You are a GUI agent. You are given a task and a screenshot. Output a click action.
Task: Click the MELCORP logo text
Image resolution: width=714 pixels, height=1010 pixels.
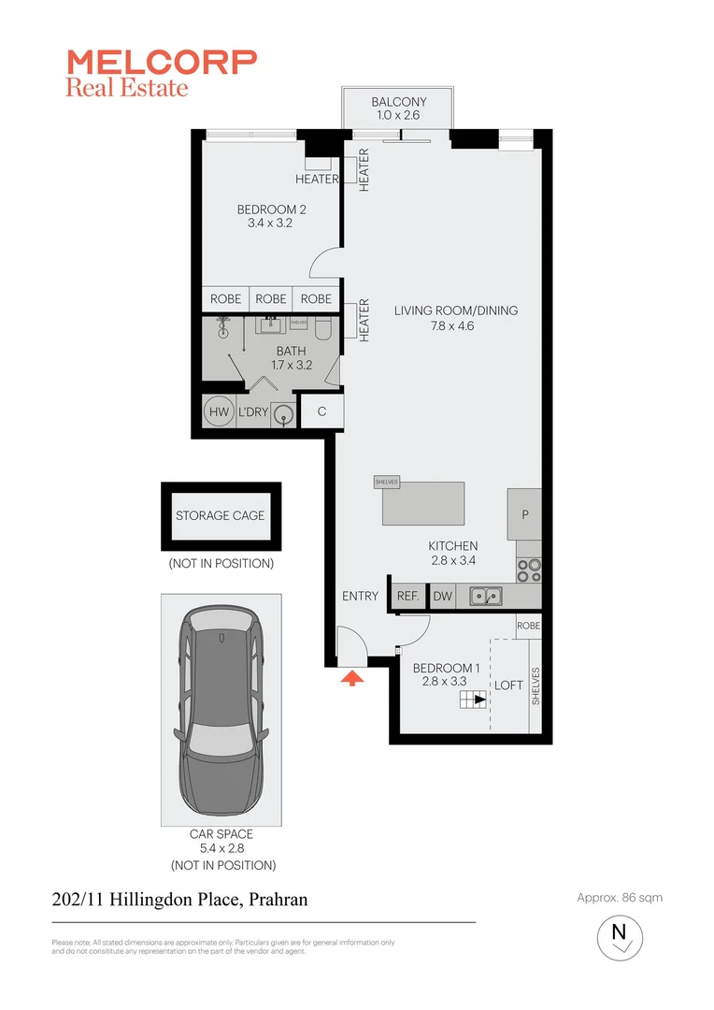pos(161,62)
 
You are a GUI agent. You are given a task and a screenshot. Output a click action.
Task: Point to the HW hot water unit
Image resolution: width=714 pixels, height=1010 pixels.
pos(219,412)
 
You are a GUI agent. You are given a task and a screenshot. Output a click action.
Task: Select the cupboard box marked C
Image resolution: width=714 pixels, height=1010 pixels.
pos(321,411)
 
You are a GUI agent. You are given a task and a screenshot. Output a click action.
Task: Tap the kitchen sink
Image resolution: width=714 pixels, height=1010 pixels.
pos(486,595)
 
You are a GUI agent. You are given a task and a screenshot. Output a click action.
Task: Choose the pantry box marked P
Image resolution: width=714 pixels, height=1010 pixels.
pos(524,514)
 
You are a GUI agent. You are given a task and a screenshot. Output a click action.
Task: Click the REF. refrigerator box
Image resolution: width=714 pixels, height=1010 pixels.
pos(407,596)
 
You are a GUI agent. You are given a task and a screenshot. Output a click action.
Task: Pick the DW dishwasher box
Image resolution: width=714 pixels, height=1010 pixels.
pos(441,596)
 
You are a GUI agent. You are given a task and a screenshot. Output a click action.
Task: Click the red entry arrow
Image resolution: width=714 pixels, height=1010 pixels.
pos(352,678)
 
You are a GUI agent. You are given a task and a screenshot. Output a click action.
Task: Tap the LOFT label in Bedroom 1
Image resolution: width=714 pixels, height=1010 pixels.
pos(508,685)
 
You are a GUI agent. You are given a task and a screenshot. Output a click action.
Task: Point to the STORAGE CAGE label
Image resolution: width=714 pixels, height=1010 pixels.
pos(221,515)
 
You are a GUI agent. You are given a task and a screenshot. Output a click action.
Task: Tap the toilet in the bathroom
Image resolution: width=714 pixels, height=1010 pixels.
pos(323,329)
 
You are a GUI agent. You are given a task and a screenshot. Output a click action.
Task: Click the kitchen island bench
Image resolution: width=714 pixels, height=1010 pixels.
pos(423,504)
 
